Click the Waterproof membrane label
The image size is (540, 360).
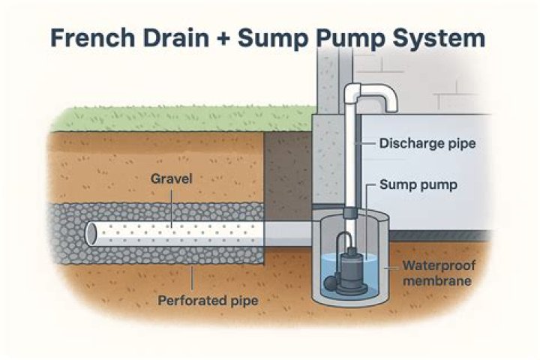tap(436, 273)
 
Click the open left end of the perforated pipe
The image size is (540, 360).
tap(91, 234)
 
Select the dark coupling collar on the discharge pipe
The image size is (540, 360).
tap(349, 214)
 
